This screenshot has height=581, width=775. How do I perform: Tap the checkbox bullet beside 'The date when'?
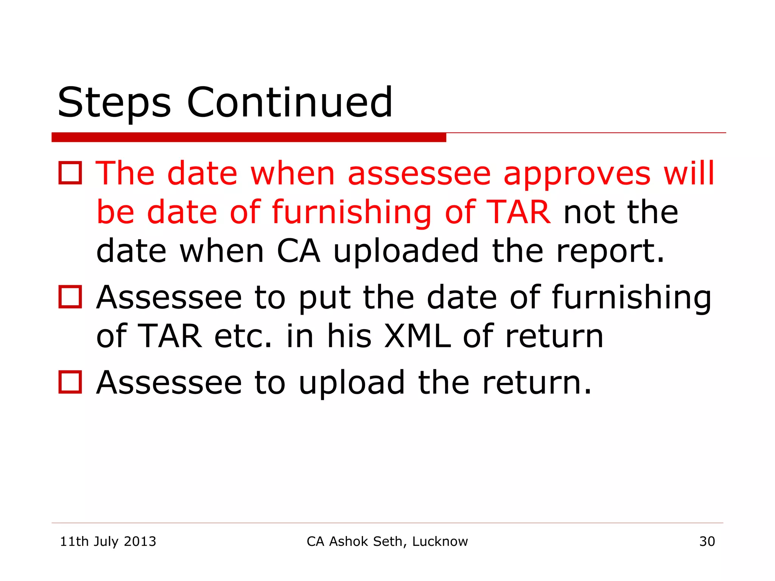point(70,173)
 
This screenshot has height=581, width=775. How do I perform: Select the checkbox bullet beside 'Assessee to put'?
point(70,297)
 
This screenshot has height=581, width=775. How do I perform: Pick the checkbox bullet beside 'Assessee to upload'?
point(70,382)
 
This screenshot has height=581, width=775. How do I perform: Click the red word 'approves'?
point(577,174)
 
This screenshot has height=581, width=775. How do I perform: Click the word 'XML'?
point(417,336)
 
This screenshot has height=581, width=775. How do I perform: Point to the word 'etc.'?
point(243,336)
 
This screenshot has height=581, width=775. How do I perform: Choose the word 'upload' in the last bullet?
point(352,383)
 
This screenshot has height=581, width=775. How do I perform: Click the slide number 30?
point(707,541)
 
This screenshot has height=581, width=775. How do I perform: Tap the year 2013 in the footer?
point(140,541)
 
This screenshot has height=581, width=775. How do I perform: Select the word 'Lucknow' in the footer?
point(440,541)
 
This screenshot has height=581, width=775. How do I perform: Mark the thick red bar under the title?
point(249,137)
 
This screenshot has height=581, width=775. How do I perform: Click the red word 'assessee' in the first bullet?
point(419,174)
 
